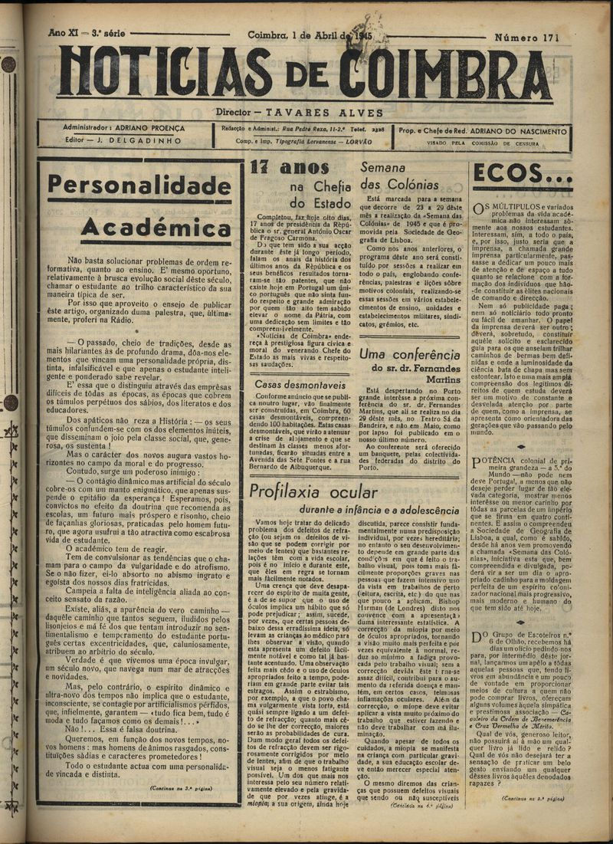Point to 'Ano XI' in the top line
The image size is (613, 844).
(66, 34)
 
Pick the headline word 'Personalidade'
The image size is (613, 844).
(139, 186)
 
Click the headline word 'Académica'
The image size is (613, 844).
(156, 227)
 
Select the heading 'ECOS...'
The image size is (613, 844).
(523, 175)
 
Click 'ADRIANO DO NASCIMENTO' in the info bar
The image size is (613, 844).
(515, 130)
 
